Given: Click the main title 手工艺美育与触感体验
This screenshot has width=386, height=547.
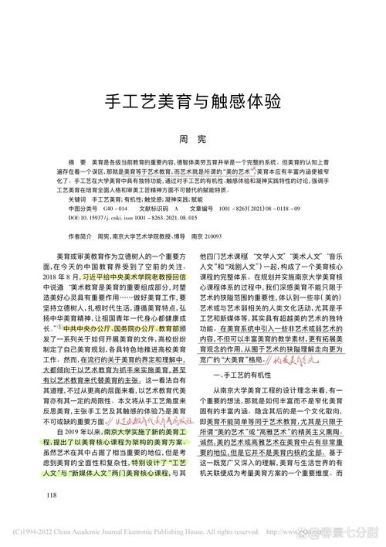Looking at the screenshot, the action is tap(192, 103).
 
